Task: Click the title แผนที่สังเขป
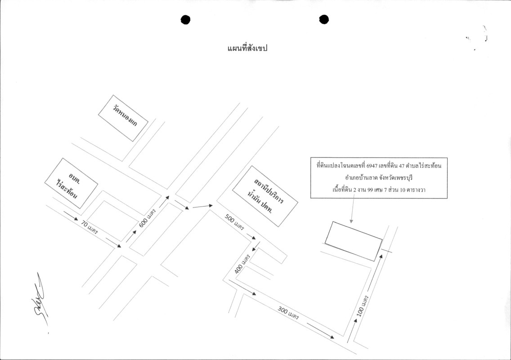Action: (x=247, y=49)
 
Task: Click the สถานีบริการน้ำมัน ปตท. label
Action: (x=265, y=196)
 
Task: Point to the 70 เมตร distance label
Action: (x=90, y=228)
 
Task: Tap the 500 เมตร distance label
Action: (x=234, y=222)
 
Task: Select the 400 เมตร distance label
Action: (x=242, y=264)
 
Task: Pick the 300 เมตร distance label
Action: (x=288, y=313)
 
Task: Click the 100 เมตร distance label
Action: (x=363, y=306)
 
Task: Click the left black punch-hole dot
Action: (x=185, y=20)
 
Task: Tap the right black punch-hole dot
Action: (x=324, y=19)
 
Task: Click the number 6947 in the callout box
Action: (x=372, y=166)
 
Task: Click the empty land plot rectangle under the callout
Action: (x=354, y=241)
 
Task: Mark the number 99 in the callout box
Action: (x=370, y=190)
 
